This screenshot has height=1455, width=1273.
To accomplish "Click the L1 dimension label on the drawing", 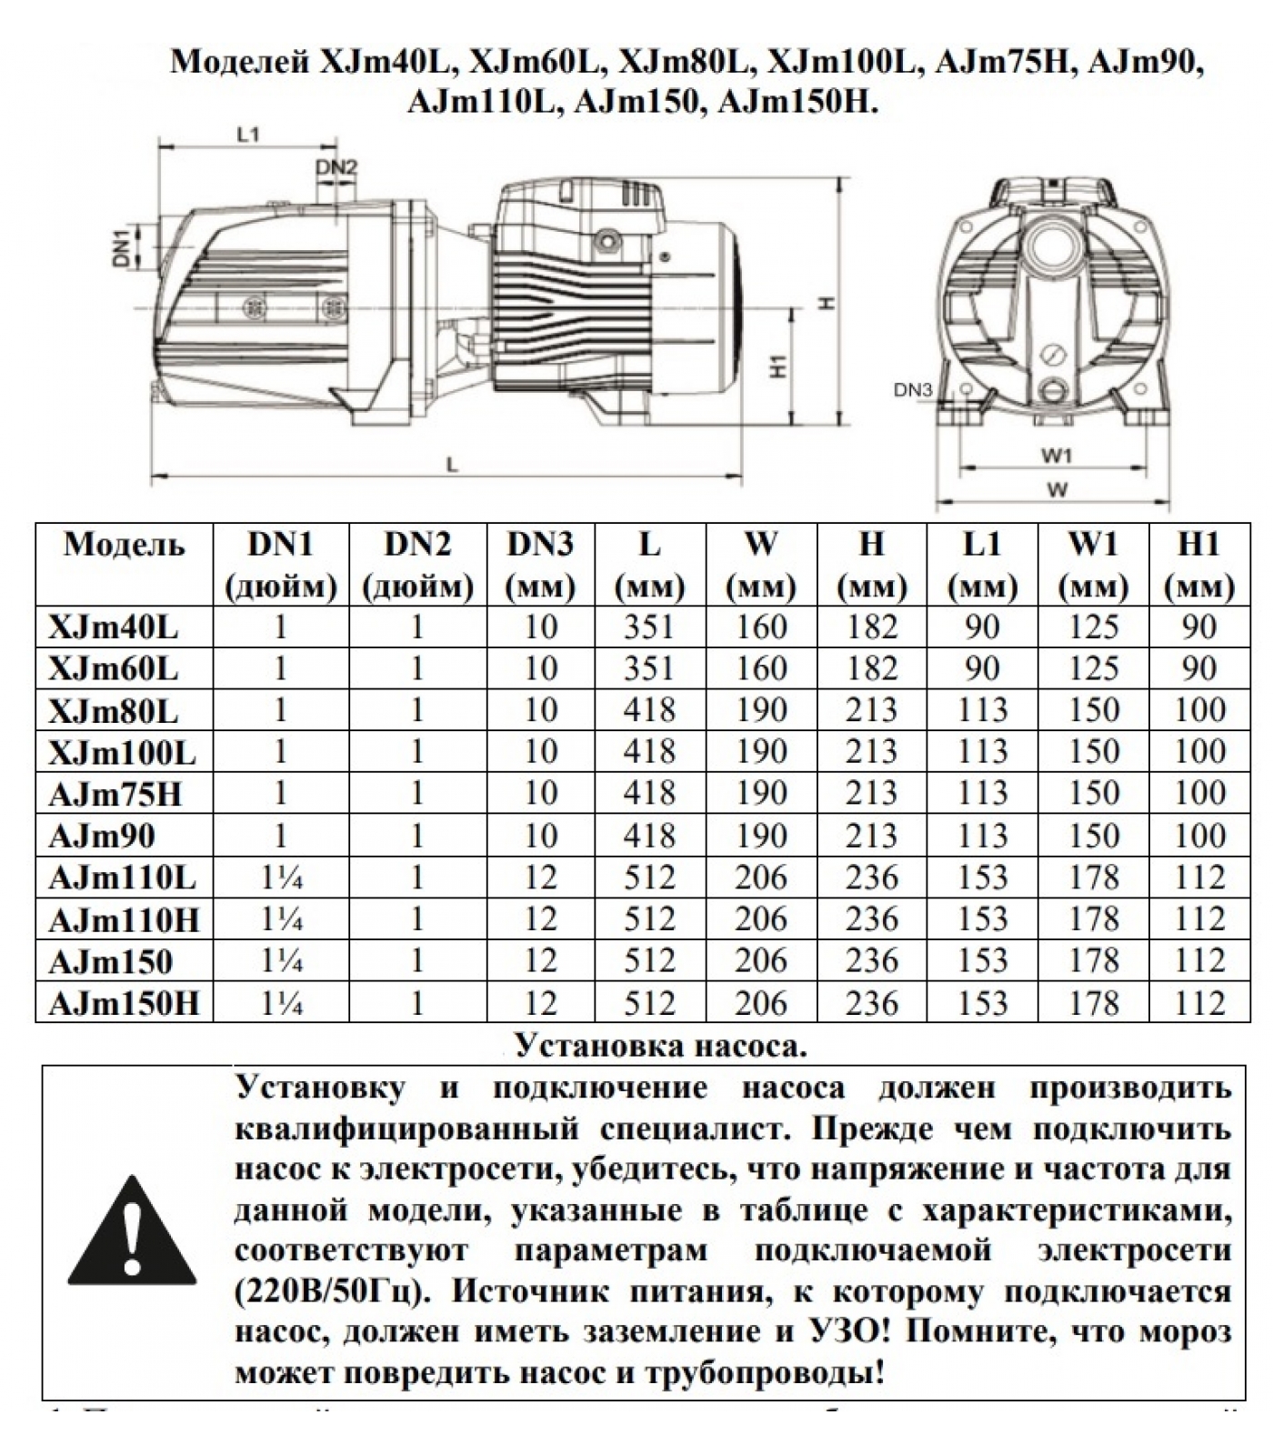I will click(248, 135).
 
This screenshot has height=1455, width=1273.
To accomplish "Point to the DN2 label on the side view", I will click(336, 167).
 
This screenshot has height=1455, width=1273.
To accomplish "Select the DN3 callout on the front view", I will click(913, 390).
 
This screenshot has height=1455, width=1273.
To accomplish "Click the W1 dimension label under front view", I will click(1057, 455).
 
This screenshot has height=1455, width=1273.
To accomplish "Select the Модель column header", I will click(124, 545).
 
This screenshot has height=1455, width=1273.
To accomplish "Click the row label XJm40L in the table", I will click(114, 627).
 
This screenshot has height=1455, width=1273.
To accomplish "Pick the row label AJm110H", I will click(124, 920).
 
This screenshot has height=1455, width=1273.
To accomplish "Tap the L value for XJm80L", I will click(649, 710).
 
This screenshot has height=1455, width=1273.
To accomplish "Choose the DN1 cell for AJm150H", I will click(281, 1004).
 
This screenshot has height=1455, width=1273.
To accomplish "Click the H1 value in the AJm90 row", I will click(1199, 836).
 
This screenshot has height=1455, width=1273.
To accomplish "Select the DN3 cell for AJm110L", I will click(540, 878).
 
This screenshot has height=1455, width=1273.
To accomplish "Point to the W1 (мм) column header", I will click(1093, 565).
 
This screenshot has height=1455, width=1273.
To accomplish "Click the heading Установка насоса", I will click(661, 1046).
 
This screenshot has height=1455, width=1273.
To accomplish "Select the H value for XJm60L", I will click(871, 669).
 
